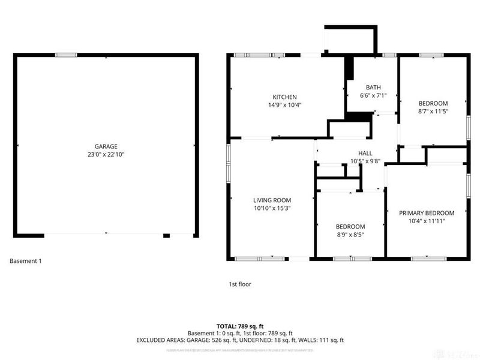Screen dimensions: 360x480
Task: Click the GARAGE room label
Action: [105, 146]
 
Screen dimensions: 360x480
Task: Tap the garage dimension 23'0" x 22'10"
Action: [105, 154]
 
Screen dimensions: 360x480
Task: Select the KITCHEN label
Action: [284, 97]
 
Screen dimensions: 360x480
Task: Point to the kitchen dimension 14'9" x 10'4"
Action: [284, 105]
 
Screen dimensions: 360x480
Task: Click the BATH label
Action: [373, 87]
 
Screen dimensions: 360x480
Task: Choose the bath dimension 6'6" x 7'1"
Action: [373, 95]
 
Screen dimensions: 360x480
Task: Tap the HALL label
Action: [365, 153]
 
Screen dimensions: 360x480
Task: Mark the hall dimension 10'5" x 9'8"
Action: [365, 161]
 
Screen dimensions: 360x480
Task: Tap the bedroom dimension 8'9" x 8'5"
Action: [350, 235]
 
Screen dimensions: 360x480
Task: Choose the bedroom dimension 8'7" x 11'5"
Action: [433, 111]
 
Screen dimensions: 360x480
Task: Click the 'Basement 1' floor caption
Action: [26, 261]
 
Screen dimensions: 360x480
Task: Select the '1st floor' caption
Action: [239, 284]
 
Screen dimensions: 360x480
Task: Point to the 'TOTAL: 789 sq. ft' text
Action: [239, 326]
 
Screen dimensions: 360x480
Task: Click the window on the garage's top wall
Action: [66, 55]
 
